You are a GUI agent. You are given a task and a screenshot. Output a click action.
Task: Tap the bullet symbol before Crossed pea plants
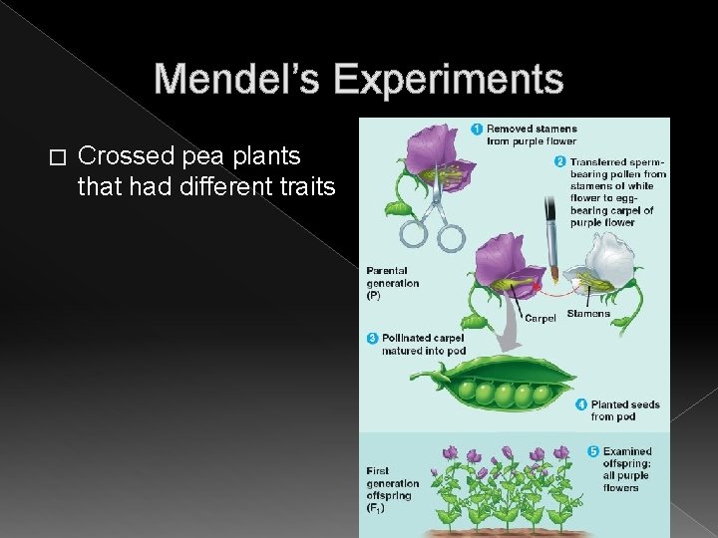pos(56,157)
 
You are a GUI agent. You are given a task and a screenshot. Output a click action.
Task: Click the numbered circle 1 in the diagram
pos(477,129)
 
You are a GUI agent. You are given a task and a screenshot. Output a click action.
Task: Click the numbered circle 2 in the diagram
pos(560,161)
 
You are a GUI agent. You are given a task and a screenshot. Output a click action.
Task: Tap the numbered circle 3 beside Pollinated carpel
pos(372,339)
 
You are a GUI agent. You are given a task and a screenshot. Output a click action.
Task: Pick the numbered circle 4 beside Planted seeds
pos(581,404)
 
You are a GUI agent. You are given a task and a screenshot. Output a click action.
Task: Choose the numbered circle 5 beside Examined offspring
pos(592,450)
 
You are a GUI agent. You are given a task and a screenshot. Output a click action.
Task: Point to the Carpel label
pos(539,319)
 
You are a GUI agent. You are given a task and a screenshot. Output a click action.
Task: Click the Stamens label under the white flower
pos(587,314)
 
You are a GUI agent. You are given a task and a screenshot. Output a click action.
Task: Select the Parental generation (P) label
pos(392,282)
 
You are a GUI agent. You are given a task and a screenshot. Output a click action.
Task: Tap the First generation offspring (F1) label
pos(391,488)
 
